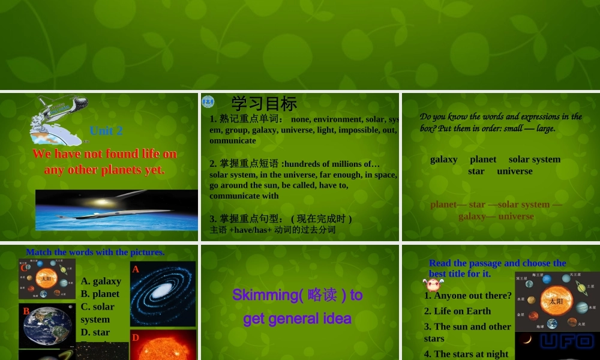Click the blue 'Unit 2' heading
coord(106,131)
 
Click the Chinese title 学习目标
coord(264,104)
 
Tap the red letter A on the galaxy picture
coord(136,269)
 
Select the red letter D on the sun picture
coord(136,338)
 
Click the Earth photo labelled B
coord(47,326)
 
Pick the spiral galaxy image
coord(163,293)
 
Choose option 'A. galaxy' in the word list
coord(101,281)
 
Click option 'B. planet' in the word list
coord(100,294)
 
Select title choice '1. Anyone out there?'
coord(468,295)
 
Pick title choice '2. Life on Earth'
coord(457,311)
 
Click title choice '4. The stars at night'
coord(467,354)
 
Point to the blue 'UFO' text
coord(566,342)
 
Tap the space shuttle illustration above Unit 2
coord(57,117)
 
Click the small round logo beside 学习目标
coord(208,101)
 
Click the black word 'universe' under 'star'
coord(514,171)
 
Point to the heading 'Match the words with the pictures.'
coord(95,252)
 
